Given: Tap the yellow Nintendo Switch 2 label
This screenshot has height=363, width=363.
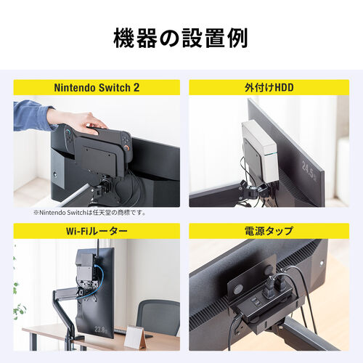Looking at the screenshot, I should pos(97,88).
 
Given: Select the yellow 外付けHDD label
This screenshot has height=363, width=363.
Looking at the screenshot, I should pos(266,88).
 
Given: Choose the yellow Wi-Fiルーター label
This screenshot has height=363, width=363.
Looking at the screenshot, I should pos(97,232).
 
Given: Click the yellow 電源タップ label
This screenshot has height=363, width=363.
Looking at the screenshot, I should pos(266,232).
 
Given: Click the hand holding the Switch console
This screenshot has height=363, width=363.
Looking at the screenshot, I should pos(76,120).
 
